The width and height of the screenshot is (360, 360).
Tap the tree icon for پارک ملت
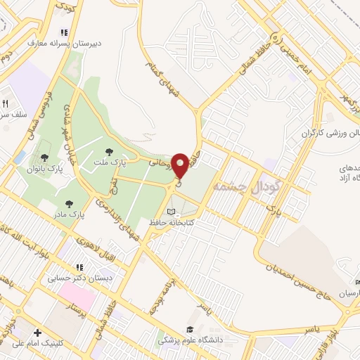(x=109, y=151)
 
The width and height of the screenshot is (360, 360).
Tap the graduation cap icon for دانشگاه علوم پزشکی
(x=189, y=329)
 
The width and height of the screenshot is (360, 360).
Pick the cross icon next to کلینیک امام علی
(x=37, y=333)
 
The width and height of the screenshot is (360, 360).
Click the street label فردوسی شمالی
(x=44, y=105)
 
